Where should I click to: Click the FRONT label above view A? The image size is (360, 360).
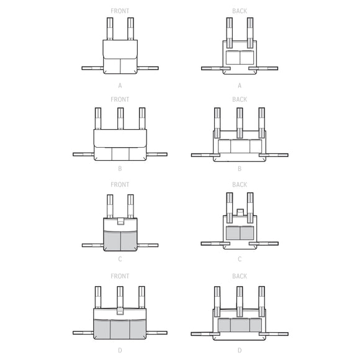pos(120,11)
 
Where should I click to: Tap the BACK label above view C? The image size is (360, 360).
pos(239,184)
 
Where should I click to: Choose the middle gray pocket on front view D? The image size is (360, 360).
pos(120,328)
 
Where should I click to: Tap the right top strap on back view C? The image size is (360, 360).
pos(250,205)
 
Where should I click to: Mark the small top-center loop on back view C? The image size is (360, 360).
pos(240,213)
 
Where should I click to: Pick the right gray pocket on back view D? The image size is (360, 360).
pos(256,325)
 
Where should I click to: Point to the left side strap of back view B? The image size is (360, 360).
pos(202,155)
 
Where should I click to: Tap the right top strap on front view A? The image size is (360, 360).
pos(130,29)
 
